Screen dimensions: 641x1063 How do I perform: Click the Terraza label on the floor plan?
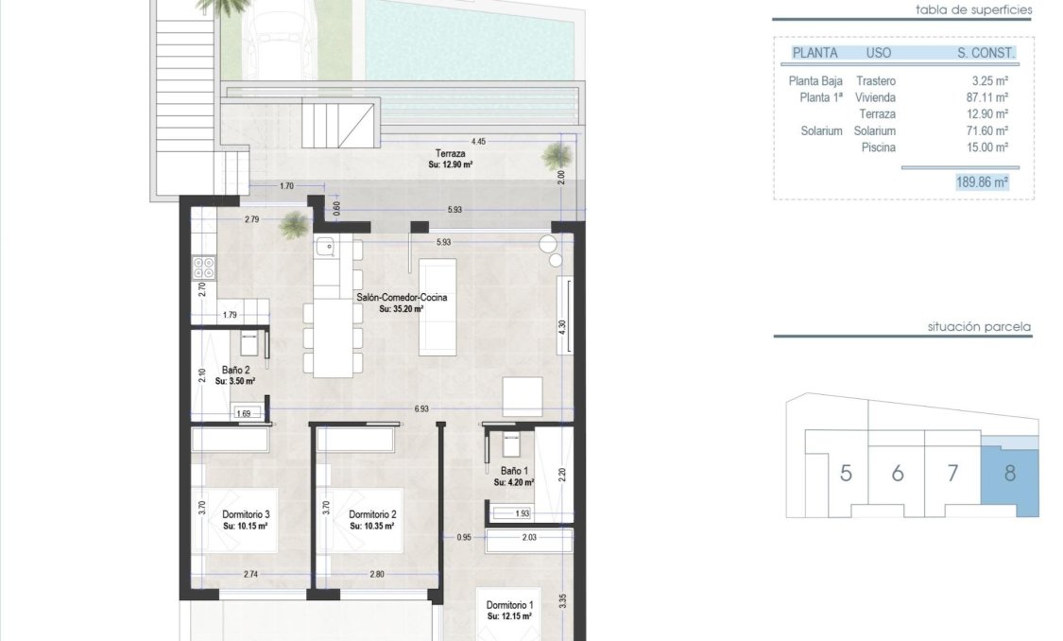[x=449, y=153]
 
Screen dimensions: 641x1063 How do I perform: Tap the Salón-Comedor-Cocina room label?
[x=402, y=298]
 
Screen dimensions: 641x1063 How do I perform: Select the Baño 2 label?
[x=235, y=371]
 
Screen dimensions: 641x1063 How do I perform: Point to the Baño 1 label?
[x=513, y=471]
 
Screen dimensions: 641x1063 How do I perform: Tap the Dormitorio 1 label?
[x=510, y=605]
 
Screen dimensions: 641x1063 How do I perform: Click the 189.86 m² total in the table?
[x=982, y=182]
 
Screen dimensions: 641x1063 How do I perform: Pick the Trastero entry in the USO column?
[x=875, y=81]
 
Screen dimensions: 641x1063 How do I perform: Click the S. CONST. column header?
[x=986, y=53]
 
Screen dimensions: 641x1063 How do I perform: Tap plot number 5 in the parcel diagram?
[x=846, y=473]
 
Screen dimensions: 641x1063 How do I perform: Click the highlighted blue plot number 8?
[x=1009, y=473]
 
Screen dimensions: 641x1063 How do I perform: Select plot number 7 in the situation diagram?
[x=952, y=473]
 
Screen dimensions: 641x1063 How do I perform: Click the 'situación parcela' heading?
[x=979, y=327]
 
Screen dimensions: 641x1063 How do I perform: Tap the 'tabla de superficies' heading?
[x=973, y=10]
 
